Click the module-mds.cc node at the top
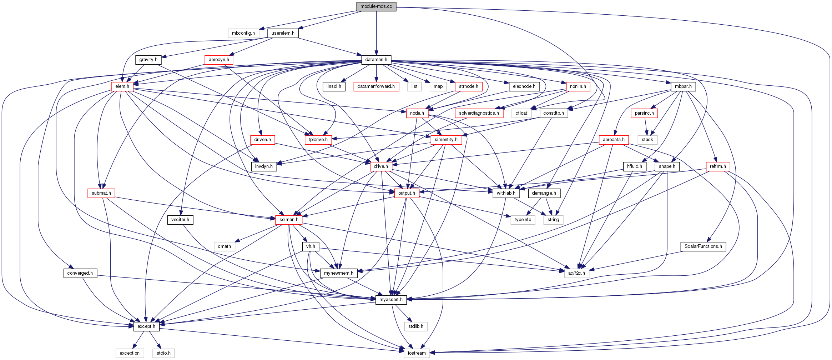[376, 6]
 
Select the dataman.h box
[376, 60]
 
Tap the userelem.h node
[283, 33]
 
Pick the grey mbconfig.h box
[243, 33]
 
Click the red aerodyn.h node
[219, 60]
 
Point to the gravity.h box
[148, 60]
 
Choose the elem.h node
[122, 86]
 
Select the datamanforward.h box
[376, 86]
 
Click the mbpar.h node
[683, 86]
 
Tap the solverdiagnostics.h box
[479, 113]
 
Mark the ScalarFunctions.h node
[703, 246]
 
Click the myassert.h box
[391, 300]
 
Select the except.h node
[146, 326]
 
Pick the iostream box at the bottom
[417, 353]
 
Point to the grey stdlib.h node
[416, 326]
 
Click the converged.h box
[80, 273]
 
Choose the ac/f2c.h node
[577, 273]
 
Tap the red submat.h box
[101, 193]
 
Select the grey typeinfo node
[523, 220]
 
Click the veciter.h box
[180, 220]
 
